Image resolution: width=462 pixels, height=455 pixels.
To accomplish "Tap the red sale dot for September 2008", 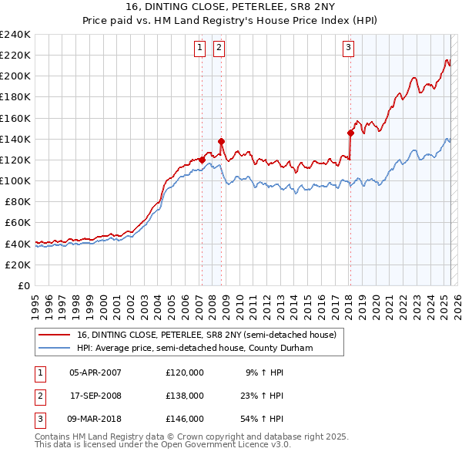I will point(221,141).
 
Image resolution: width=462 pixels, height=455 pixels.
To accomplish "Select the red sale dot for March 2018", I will point(350,133).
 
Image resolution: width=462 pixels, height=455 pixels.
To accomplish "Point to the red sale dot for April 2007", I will point(202,160).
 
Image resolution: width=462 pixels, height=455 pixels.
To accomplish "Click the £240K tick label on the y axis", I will point(15,35).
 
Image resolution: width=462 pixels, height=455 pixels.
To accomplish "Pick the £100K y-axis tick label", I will point(15,180).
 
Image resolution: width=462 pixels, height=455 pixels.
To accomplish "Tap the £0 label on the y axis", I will point(25,285).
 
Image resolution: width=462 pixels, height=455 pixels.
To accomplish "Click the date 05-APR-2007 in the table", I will point(95,372).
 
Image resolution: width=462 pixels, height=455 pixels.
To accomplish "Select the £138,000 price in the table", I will point(185,396).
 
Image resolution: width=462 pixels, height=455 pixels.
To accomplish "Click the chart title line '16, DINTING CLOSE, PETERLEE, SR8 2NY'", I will point(231,8).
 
